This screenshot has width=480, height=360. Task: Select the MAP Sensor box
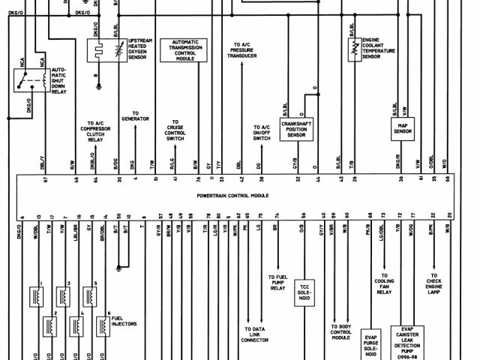click(403, 130)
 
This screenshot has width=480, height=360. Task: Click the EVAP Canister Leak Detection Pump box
click(412, 341)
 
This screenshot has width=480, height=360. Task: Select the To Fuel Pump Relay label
click(277, 283)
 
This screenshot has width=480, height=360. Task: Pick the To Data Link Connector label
click(255, 334)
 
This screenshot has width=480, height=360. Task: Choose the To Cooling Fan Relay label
click(385, 287)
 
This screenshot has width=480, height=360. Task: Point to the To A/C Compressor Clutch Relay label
click(95, 130)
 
